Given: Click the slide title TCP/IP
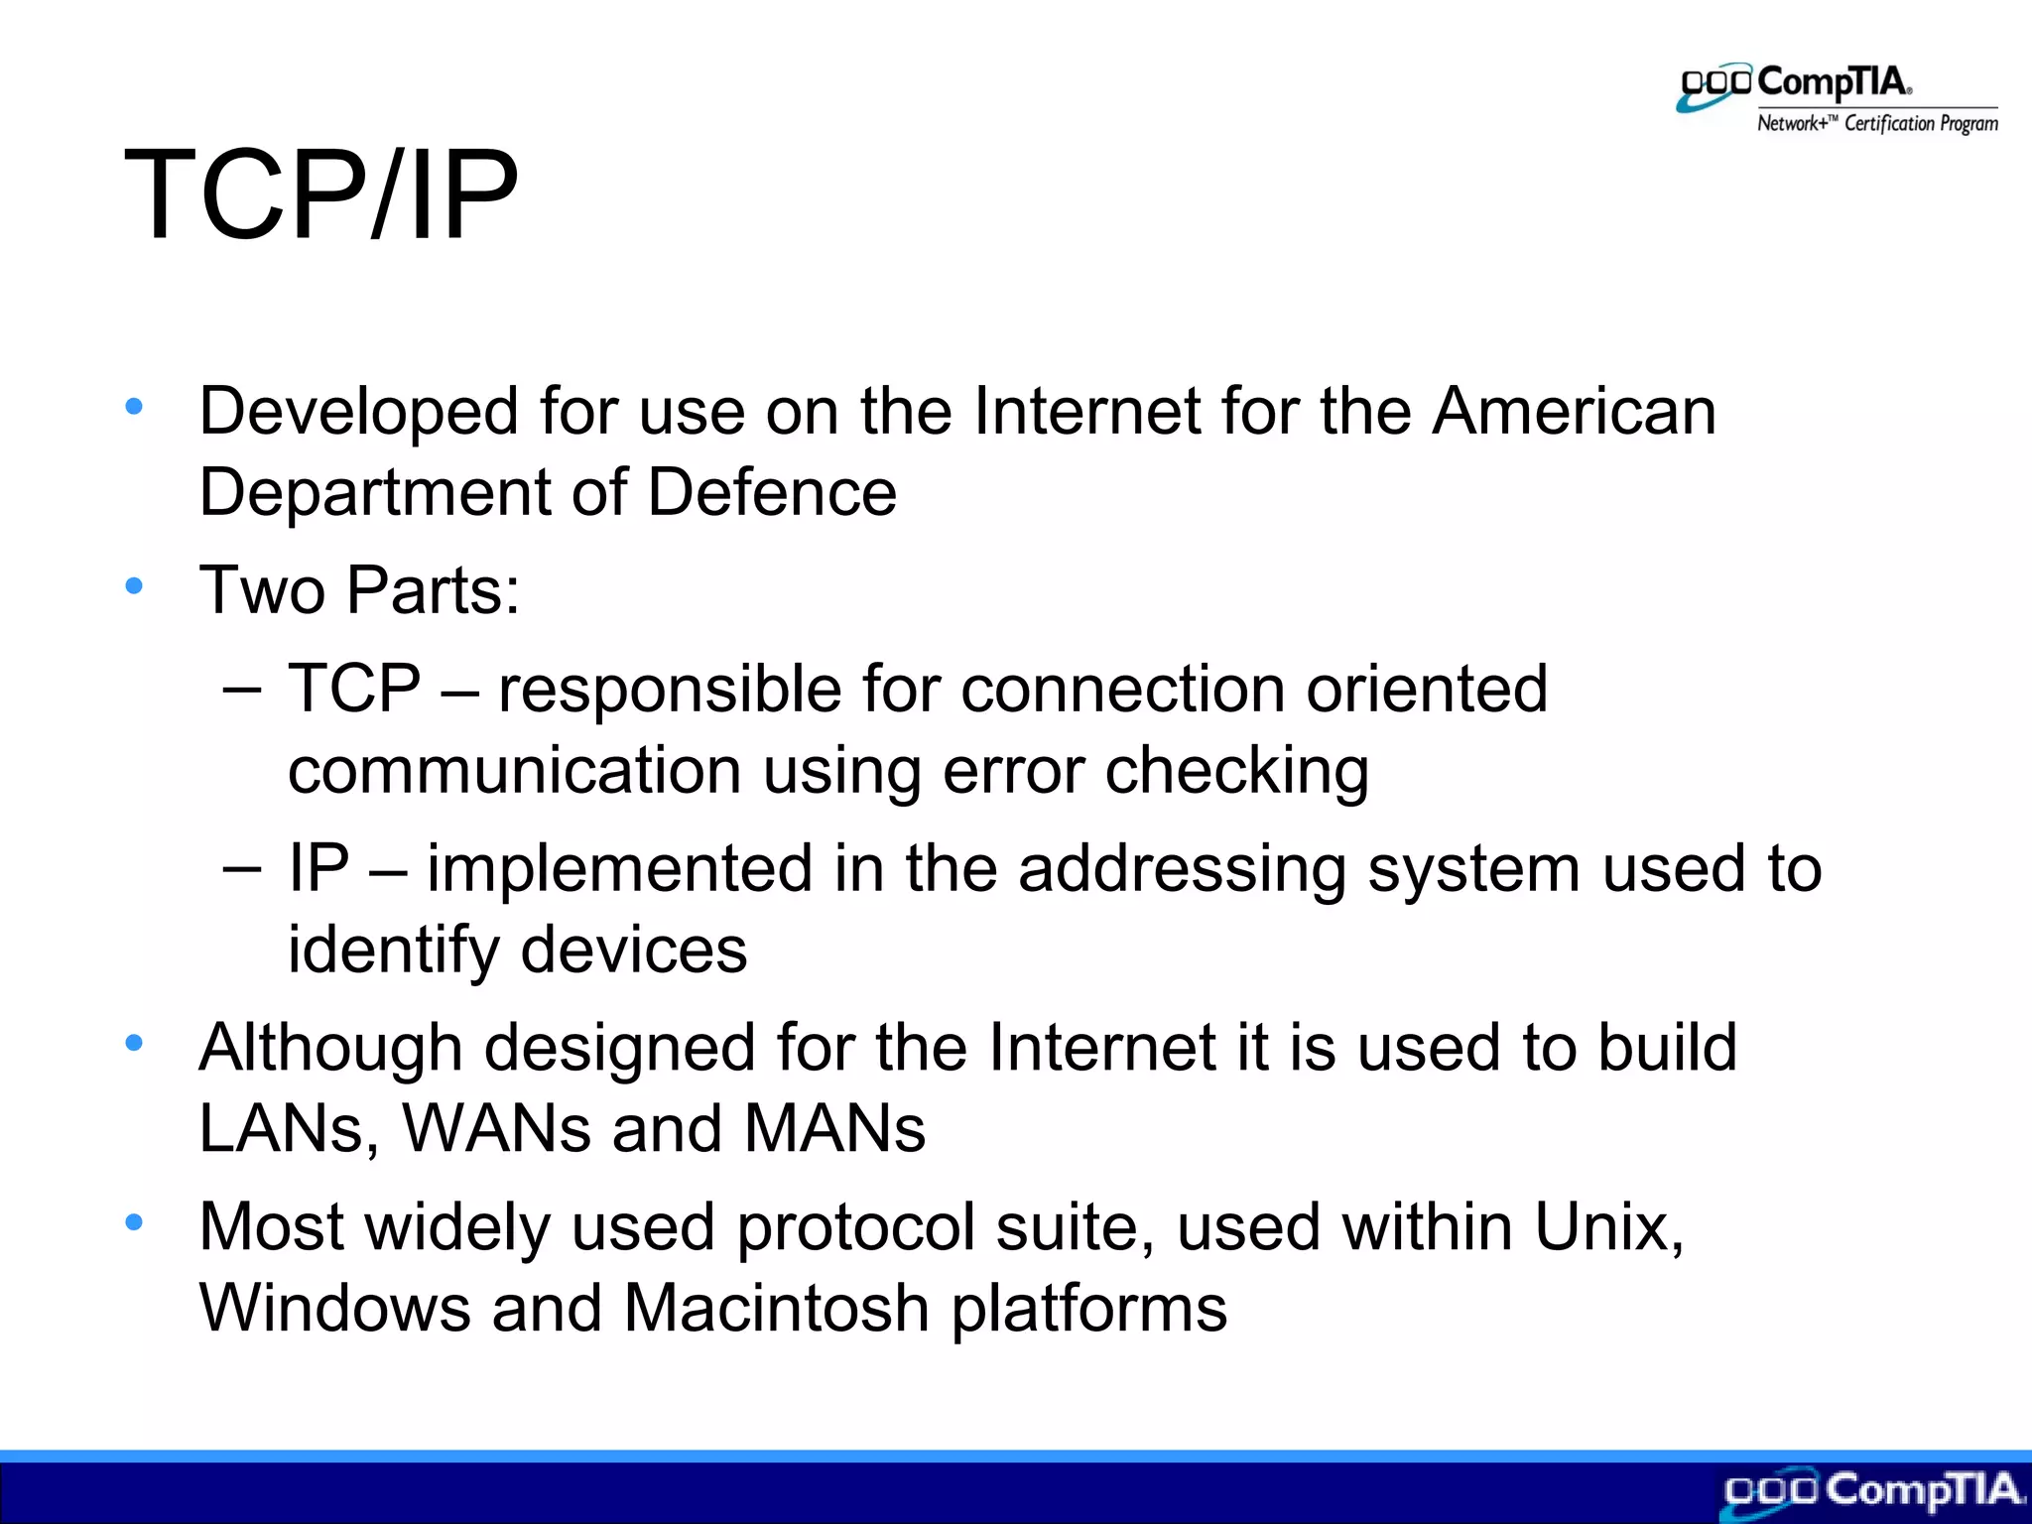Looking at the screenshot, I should tap(320, 195).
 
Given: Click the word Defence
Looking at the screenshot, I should tap(772, 493).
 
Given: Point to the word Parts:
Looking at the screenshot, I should tap(434, 591).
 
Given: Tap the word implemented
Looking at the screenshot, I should tap(620, 869).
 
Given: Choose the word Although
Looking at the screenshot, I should tap(331, 1049).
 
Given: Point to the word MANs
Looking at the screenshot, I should tap(834, 1129).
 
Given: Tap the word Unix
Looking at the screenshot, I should tap(1607, 1228).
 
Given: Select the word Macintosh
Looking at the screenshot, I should tap(777, 1309).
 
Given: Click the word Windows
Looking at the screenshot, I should tap(335, 1309).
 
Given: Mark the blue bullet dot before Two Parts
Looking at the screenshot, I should tap(134, 586).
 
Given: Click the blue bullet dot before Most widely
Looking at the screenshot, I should tap(134, 1222).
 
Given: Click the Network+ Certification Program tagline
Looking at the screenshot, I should tap(1877, 124).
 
